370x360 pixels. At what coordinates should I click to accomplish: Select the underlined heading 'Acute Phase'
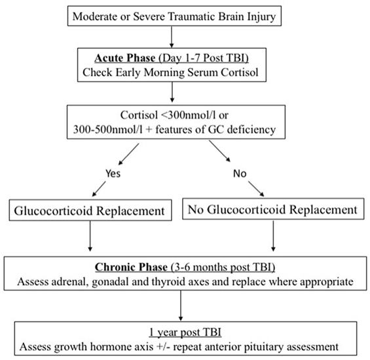[125, 58]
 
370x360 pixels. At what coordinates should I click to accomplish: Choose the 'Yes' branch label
[113, 173]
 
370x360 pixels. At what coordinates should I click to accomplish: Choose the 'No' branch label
[240, 173]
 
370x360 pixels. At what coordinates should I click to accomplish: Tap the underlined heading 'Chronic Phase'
[131, 267]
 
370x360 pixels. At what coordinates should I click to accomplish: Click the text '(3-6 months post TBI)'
[222, 268]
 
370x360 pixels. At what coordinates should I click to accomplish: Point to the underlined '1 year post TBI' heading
[185, 332]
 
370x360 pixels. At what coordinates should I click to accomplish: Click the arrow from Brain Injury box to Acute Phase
[172, 37]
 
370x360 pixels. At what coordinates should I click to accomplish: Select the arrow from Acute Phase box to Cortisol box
[172, 92]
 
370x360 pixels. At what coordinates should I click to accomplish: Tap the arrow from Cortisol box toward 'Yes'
[128, 154]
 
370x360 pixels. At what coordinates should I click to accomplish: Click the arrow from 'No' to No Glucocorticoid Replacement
[256, 189]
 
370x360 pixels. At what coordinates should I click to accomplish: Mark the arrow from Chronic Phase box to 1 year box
[181, 306]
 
